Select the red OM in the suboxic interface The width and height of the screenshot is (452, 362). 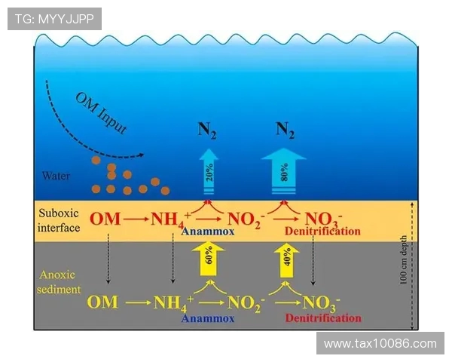(x=104, y=219)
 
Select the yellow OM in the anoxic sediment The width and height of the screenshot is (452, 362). (x=102, y=302)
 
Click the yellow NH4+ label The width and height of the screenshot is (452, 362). (x=173, y=303)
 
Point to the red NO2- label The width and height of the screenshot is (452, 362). (x=246, y=220)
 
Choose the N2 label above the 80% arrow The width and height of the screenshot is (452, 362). (x=284, y=130)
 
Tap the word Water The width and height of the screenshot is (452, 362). (x=56, y=176)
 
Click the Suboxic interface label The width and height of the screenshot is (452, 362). (x=59, y=219)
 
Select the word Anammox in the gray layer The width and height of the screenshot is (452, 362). (x=207, y=318)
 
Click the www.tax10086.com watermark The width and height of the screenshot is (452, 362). (x=380, y=344)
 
